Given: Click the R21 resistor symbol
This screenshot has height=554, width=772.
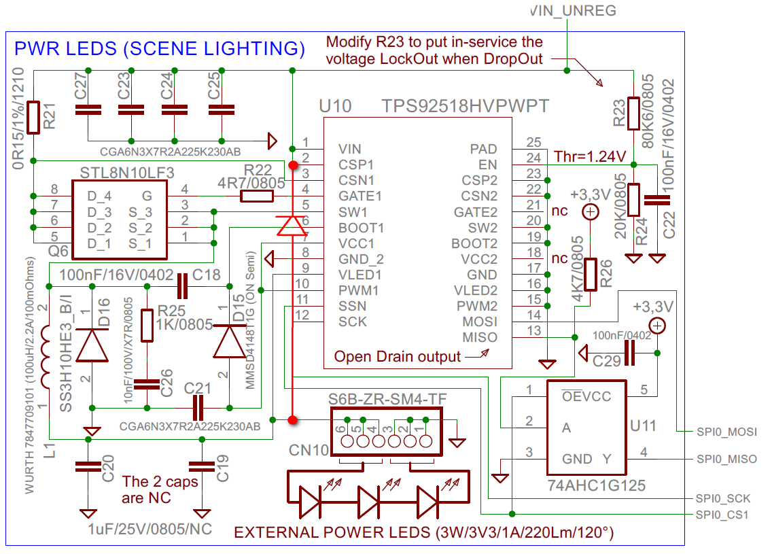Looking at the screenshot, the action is point(33,117).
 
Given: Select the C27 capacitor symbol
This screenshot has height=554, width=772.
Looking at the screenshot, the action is point(88,110).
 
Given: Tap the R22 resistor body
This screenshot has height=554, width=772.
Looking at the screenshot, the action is point(256,196).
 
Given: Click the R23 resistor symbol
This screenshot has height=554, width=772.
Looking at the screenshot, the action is point(633,114).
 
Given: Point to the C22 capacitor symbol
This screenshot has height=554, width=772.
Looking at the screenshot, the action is point(657,199).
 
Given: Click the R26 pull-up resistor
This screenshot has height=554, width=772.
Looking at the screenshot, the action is point(591,275).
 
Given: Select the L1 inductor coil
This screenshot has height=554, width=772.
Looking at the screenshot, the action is point(46,356).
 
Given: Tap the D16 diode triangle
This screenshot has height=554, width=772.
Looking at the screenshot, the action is point(92,345).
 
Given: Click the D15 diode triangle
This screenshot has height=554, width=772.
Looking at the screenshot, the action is point(230,341).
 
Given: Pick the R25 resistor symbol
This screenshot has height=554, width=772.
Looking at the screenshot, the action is point(147,325).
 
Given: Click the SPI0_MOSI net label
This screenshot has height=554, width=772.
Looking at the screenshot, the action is point(726,432).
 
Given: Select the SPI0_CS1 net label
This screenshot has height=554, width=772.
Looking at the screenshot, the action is point(722,515).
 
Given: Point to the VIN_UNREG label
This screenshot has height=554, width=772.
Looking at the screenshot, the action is point(574,10).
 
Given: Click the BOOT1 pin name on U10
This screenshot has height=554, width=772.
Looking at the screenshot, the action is point(361,228).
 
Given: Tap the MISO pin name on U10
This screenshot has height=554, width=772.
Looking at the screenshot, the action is point(480,337).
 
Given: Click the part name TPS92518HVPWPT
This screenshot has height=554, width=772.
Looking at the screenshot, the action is point(466,105).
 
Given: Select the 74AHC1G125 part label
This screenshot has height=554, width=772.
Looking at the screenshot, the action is point(596,485).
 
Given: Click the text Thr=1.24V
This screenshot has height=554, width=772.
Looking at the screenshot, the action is point(590,156).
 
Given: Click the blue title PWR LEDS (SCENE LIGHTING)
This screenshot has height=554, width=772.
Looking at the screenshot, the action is point(160,48).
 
